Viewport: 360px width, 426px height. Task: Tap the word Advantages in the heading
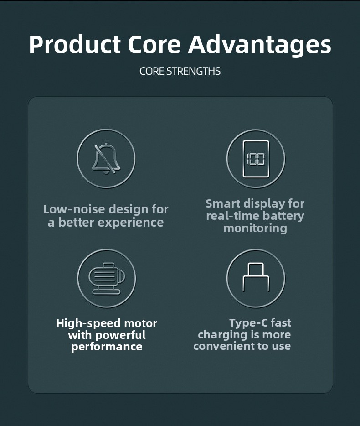point(260,45)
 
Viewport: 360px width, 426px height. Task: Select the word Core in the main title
point(154,44)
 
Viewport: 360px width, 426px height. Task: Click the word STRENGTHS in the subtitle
point(193,71)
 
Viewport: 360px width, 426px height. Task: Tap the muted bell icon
point(106,158)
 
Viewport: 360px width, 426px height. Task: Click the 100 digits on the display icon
point(256,159)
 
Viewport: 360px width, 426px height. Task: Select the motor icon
point(107,279)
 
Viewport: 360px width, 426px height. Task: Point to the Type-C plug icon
point(256,277)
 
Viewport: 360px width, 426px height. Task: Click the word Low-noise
point(74,209)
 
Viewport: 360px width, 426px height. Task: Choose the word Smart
point(223,203)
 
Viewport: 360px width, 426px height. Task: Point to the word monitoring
point(255,228)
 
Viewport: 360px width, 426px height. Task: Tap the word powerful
point(121,335)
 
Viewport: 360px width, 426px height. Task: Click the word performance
point(107,347)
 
